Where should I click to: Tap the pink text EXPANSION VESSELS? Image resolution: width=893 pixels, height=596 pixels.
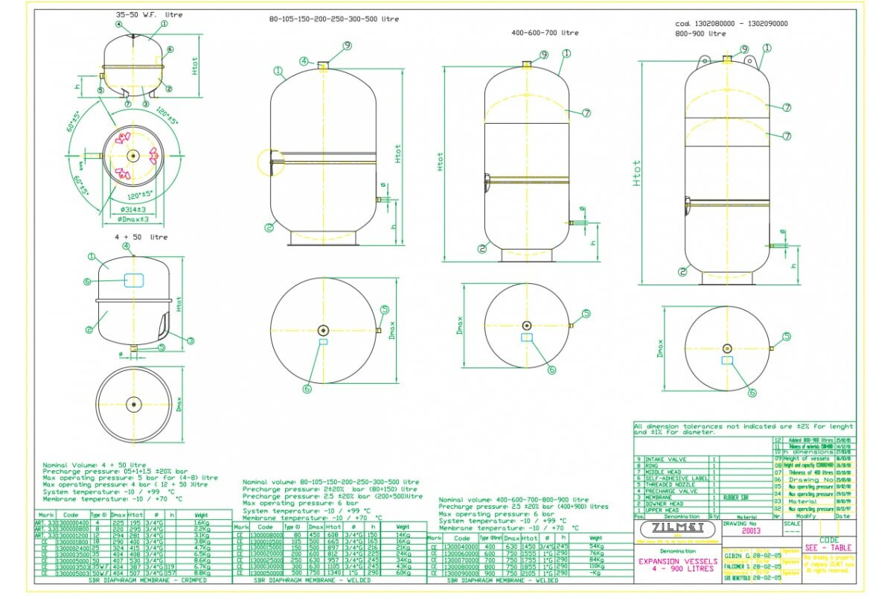click(668, 560)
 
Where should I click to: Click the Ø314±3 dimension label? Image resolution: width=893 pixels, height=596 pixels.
click(135, 210)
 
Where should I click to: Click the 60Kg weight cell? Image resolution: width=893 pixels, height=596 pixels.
click(403, 573)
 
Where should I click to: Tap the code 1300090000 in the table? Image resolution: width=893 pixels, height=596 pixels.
click(462, 573)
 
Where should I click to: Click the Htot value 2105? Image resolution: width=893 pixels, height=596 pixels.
click(529, 573)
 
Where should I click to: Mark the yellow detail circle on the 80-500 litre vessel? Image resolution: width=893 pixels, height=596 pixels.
click(269, 162)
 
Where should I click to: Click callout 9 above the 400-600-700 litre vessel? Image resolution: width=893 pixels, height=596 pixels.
click(544, 54)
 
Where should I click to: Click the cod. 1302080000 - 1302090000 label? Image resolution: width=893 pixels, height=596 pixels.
click(721, 23)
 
